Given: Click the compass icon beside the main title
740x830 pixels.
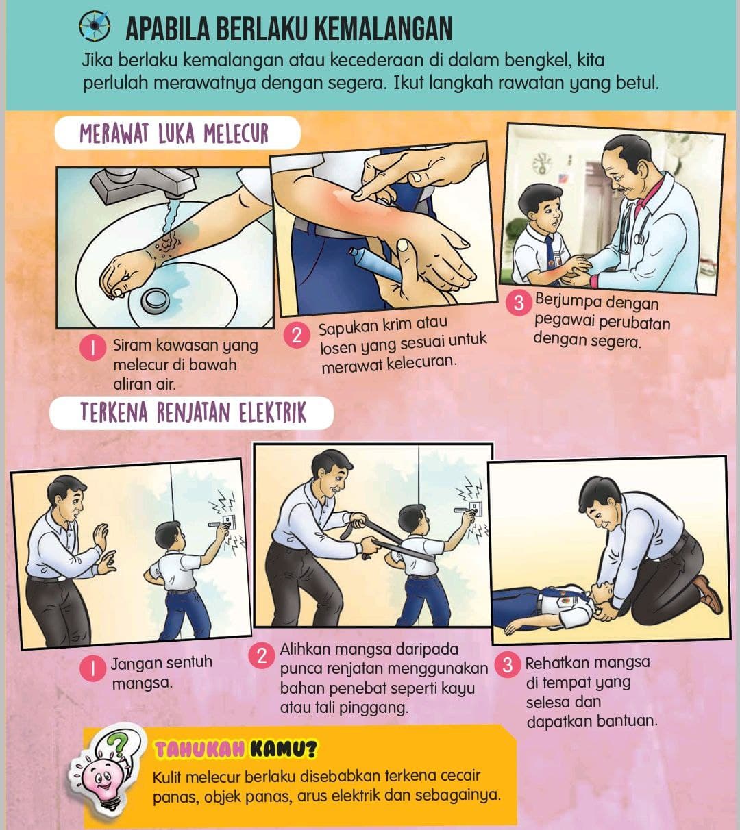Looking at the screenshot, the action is (95, 26).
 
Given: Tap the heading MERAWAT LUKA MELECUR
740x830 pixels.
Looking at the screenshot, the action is (174, 133).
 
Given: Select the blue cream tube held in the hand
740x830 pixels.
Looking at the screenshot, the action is (375, 264).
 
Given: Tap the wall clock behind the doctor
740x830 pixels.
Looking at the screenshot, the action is (542, 162).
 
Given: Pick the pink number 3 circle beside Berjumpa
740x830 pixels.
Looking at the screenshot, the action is (519, 303).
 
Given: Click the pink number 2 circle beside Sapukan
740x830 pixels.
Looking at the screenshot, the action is (297, 336).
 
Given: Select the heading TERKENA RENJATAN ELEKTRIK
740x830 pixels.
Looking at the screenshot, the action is (193, 412).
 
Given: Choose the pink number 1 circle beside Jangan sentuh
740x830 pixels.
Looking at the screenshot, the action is (92, 668).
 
